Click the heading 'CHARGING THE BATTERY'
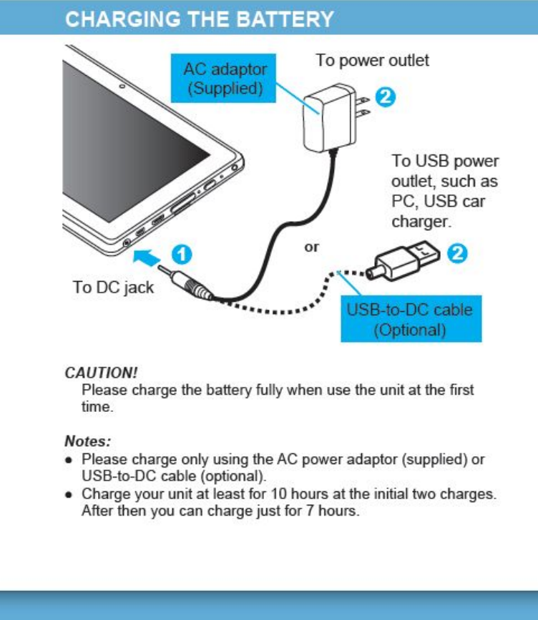pyautogui.click(x=200, y=19)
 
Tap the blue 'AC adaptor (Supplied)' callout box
pyautogui.click(x=225, y=79)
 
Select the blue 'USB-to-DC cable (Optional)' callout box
pyautogui.click(x=410, y=320)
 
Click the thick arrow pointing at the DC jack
pyautogui.click(x=152, y=255)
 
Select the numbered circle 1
pyautogui.click(x=182, y=254)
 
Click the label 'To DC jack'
pyautogui.click(x=113, y=287)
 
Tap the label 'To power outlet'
pyautogui.click(x=372, y=60)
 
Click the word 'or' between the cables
pyautogui.click(x=312, y=247)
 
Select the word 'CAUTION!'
pyautogui.click(x=101, y=373)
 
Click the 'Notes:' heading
pyautogui.click(x=87, y=441)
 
